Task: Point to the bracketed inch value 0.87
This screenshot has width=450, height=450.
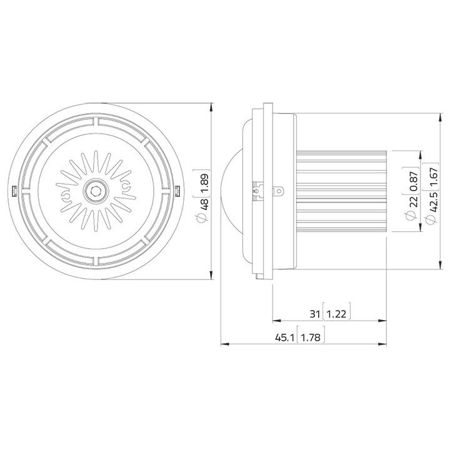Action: coord(412,179)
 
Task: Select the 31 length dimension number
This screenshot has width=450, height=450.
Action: coord(315,313)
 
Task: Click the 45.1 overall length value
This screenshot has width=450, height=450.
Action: coord(285,337)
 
